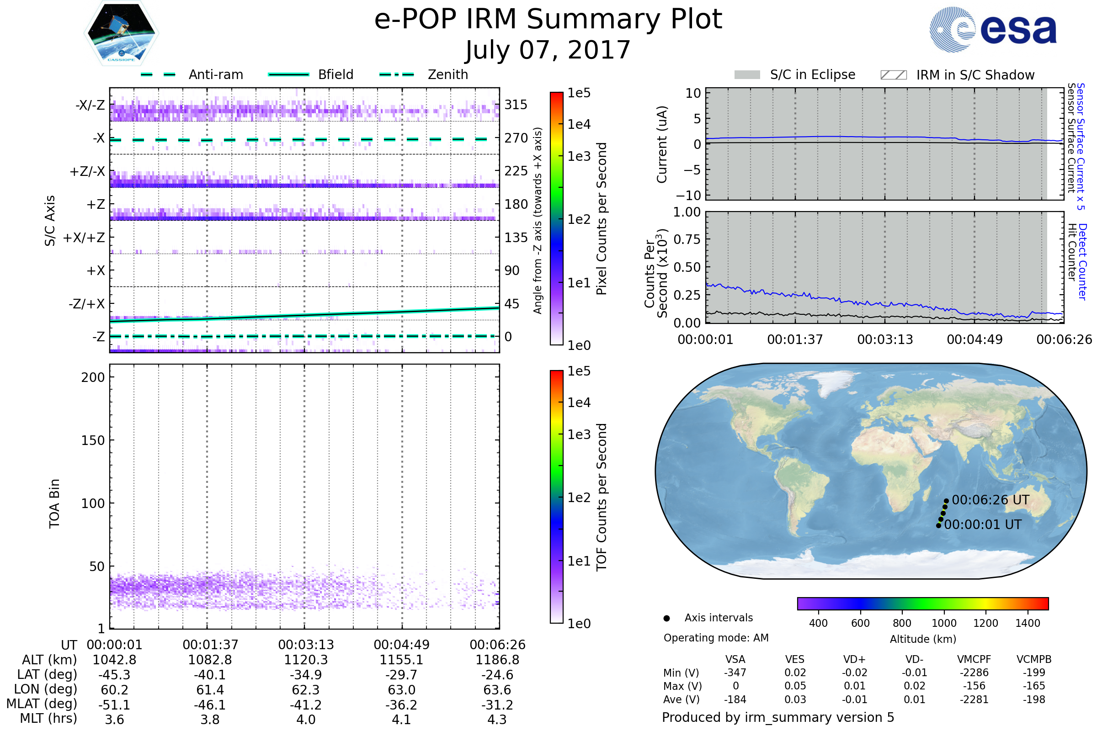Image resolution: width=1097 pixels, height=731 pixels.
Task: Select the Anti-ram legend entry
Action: (x=215, y=74)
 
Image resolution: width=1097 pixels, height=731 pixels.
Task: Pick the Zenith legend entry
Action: (x=447, y=74)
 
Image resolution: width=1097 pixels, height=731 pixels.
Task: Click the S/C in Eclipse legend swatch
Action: (x=747, y=75)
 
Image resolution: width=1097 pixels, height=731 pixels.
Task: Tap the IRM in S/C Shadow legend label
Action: (x=975, y=75)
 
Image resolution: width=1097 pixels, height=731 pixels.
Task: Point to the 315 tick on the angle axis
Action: (x=516, y=105)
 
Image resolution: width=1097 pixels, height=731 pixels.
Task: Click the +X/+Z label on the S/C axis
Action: (x=84, y=238)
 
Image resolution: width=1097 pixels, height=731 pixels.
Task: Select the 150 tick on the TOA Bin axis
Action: (x=93, y=440)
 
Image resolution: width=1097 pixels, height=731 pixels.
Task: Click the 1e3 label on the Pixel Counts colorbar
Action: (x=579, y=157)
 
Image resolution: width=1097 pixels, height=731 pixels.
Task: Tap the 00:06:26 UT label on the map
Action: (x=990, y=500)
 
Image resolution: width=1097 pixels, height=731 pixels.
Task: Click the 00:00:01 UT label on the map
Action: (x=983, y=525)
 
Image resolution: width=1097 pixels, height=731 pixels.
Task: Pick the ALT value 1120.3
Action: (x=306, y=660)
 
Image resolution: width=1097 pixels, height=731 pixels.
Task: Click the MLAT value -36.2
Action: (x=401, y=705)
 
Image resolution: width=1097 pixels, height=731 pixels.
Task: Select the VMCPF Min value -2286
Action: (x=974, y=673)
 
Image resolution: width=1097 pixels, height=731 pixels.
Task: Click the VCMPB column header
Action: (x=1033, y=660)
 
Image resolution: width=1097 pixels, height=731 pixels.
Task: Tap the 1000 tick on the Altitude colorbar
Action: (x=943, y=623)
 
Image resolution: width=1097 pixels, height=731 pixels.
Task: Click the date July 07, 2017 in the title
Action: (x=548, y=50)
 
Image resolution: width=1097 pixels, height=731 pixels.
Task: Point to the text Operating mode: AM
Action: (x=716, y=638)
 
